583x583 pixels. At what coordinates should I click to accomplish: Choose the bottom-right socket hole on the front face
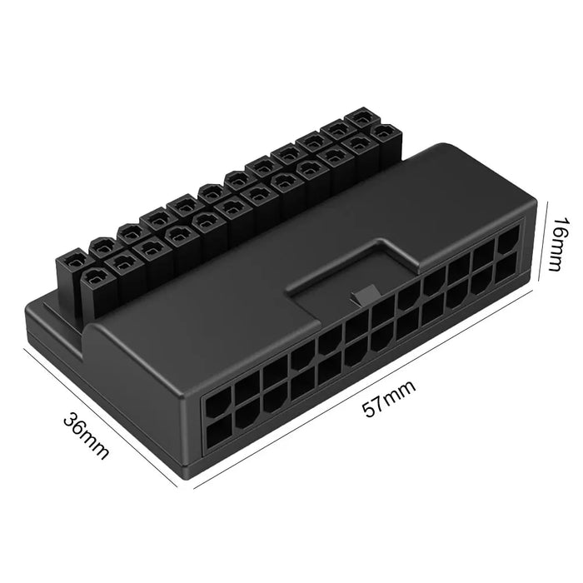[506, 267]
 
